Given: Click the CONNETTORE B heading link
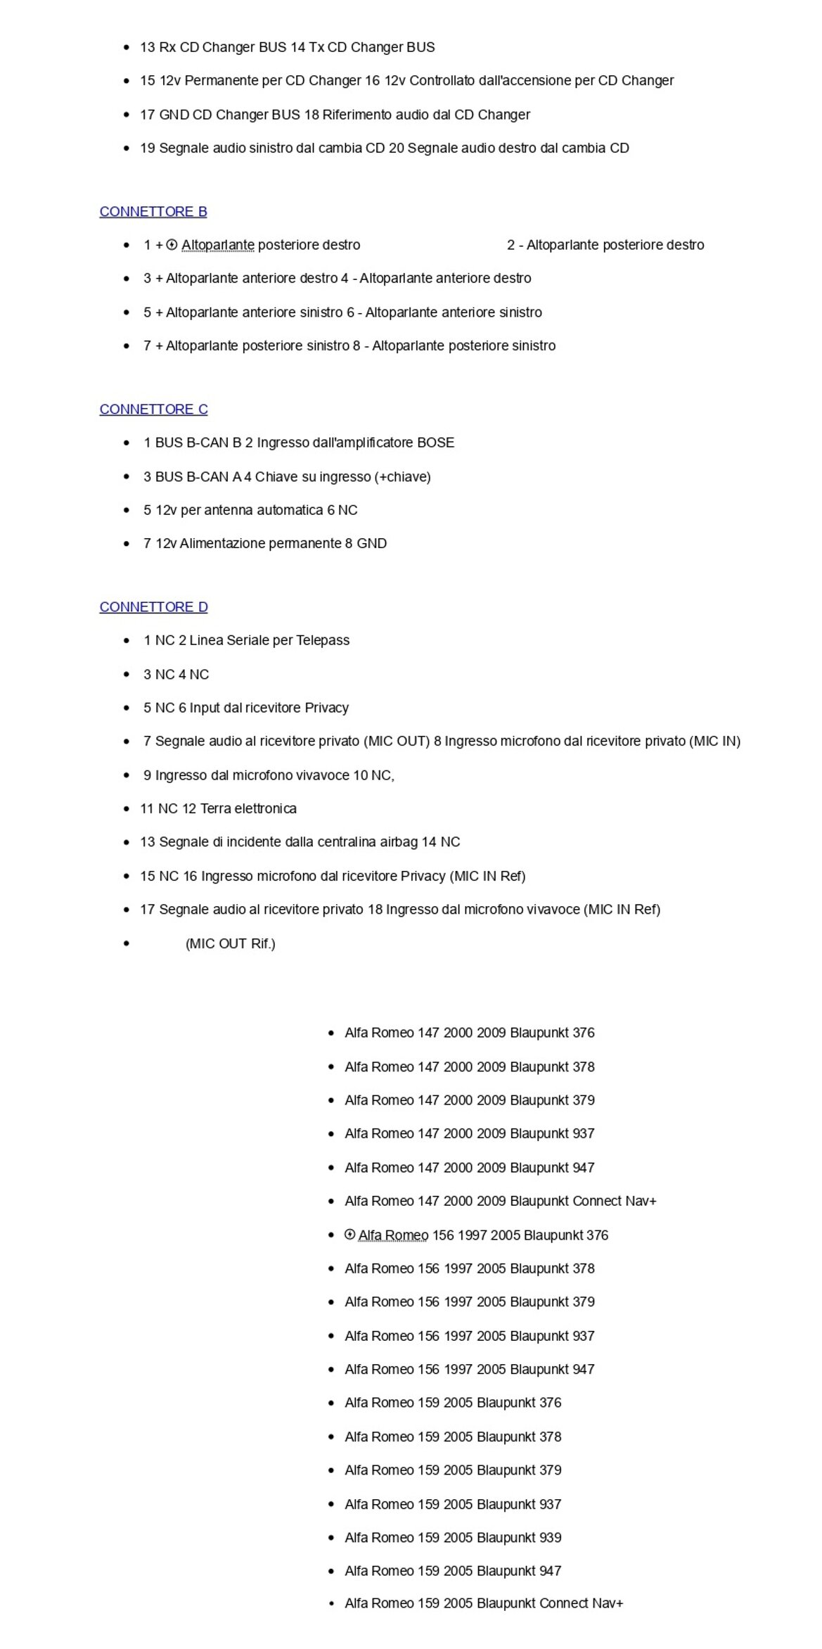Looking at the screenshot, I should pyautogui.click(x=153, y=212).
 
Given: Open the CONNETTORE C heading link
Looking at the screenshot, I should pyautogui.click(x=153, y=409).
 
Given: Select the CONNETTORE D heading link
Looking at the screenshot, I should pyautogui.click(x=153, y=607).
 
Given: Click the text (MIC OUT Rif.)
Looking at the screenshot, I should pyautogui.click(x=230, y=943).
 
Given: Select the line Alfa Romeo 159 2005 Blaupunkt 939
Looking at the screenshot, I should pyautogui.click(x=452, y=1537).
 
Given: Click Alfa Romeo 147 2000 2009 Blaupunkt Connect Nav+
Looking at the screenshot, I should pyautogui.click(x=500, y=1201).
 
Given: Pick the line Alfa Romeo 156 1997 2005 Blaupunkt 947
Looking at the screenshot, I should pyautogui.click(x=469, y=1369).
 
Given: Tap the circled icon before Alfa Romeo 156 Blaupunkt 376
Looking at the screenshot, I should pyautogui.click(x=349, y=1235).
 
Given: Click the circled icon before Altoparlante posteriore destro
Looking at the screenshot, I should pyautogui.click(x=172, y=245).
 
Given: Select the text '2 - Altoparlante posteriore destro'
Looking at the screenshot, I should pyautogui.click(x=605, y=245).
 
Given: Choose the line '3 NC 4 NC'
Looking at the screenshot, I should pyautogui.click(x=176, y=674).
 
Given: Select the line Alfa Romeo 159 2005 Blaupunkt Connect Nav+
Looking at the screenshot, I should pyautogui.click(x=483, y=1603).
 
